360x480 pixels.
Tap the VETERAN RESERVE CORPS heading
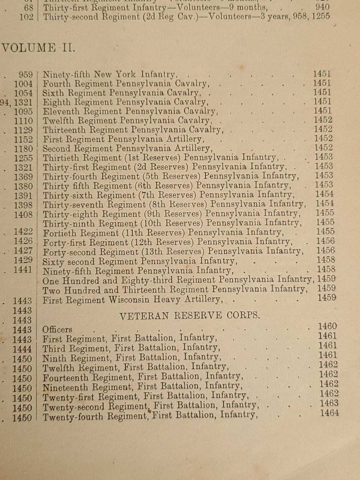pos(189,315)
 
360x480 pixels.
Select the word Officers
pos(58,330)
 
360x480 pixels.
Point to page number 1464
pos(329,412)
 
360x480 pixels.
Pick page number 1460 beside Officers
pos(327,326)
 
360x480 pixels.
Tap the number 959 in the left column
pos(26,75)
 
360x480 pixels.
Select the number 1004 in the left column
pos(24,84)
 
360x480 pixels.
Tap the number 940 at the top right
pos(322,7)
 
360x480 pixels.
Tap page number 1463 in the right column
pos(329,403)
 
